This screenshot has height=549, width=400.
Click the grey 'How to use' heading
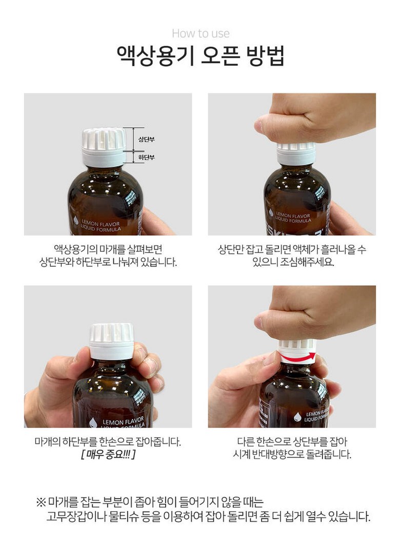coord(201,34)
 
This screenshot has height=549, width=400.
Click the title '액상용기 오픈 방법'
coord(200,55)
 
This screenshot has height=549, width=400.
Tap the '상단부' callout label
coord(146,140)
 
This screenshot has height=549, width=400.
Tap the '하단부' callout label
coord(146,158)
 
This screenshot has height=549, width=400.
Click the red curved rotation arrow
coord(297,357)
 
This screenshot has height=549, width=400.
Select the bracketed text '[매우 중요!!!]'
coord(108,455)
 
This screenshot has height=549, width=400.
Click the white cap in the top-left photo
coord(104,147)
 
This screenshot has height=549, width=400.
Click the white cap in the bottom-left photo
coord(111,341)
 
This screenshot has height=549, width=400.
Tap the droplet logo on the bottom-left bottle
coord(93,423)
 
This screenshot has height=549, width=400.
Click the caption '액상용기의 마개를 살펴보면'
coord(108,249)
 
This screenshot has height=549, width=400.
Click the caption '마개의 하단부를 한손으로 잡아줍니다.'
coord(108,442)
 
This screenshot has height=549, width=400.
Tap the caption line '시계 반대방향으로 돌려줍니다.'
coord(292,455)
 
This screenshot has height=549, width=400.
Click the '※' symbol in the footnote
coord(41,503)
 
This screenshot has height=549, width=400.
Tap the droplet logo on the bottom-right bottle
coord(297,417)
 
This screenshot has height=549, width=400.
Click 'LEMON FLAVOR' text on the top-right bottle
coord(293,215)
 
